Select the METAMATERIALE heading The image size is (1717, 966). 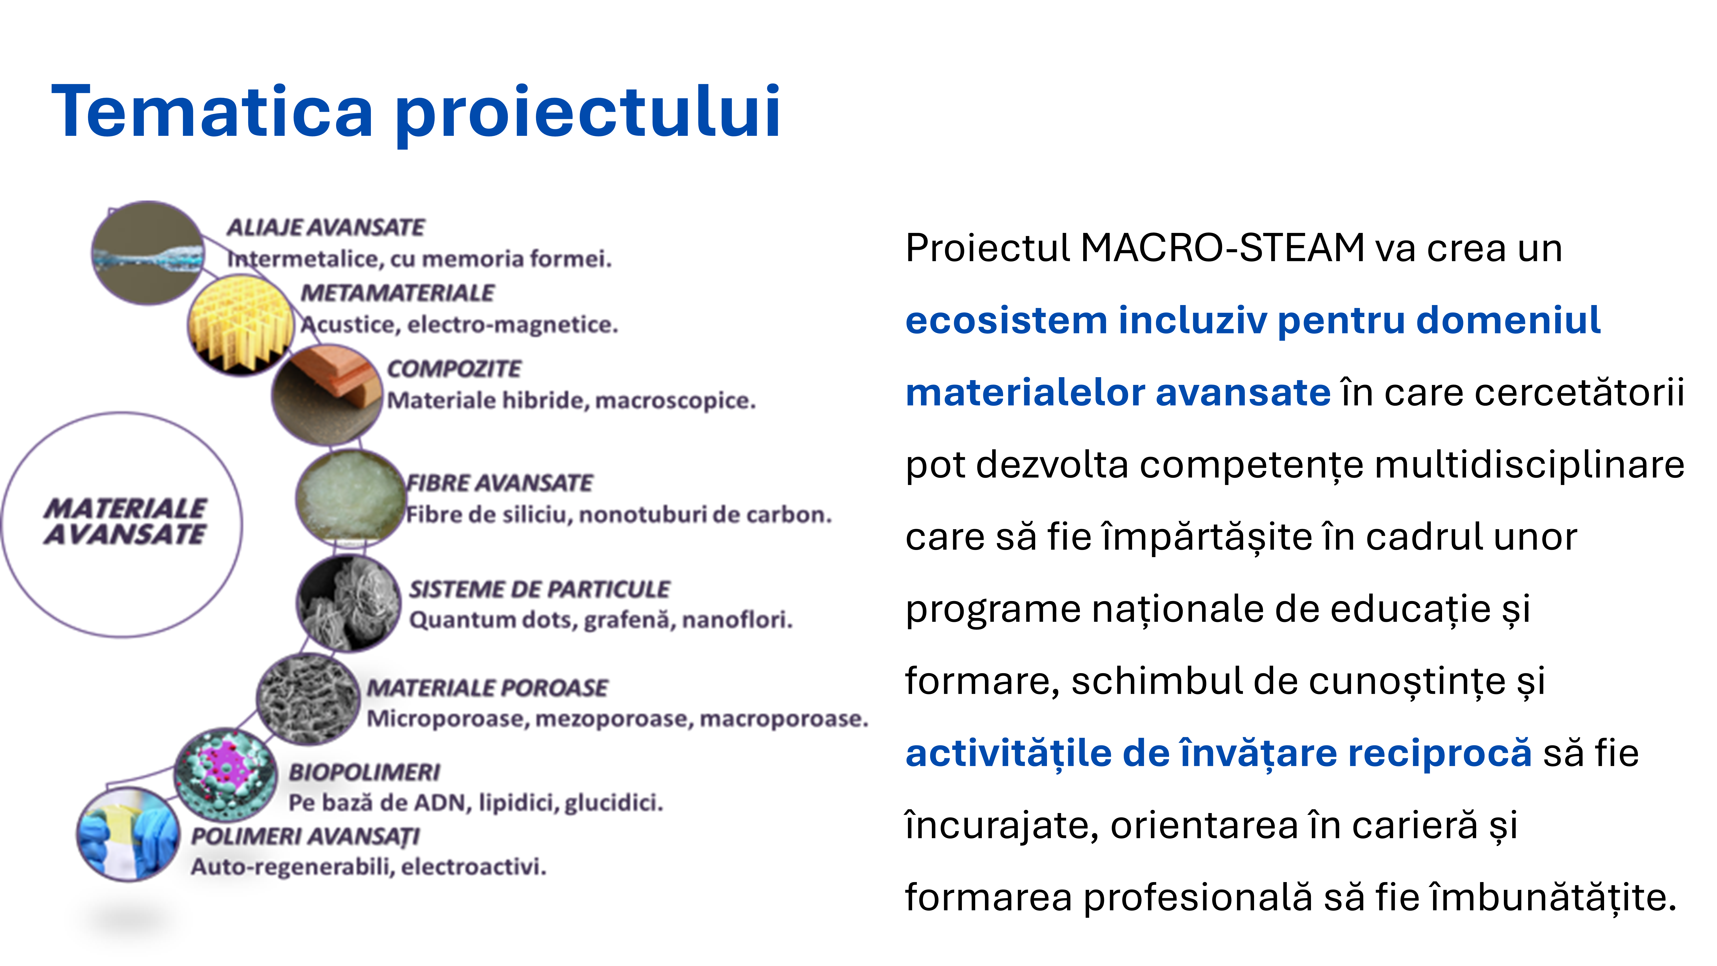397,293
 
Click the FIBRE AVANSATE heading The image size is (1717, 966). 499,483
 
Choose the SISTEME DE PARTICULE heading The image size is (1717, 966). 539,589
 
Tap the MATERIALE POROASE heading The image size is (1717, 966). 487,687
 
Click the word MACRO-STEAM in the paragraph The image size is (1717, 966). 1223,248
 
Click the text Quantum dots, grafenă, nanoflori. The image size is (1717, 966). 601,620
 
